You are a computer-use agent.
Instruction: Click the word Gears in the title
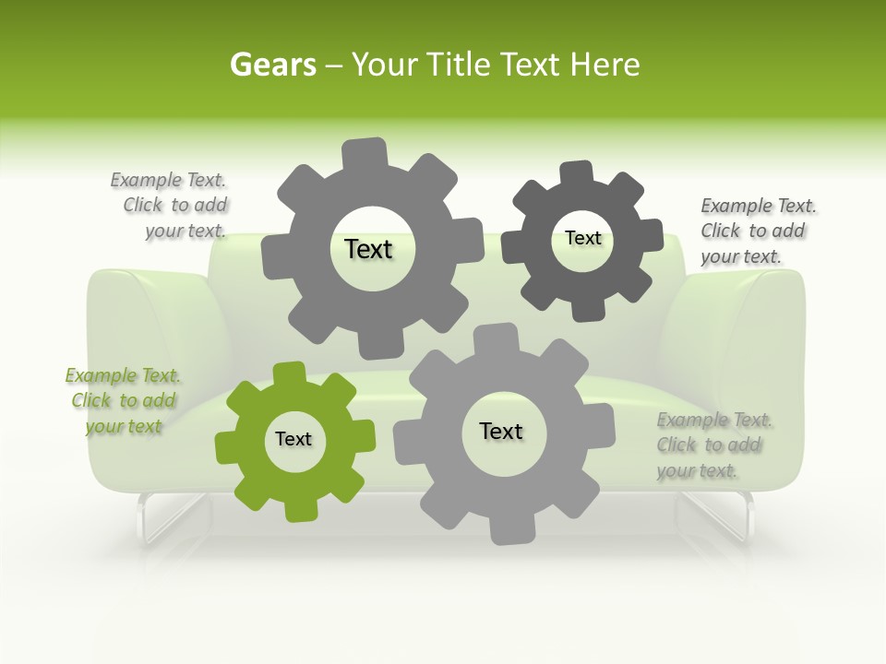point(272,65)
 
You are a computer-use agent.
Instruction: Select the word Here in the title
point(605,65)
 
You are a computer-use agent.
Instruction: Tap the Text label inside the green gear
point(293,440)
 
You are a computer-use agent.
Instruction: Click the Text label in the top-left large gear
point(368,249)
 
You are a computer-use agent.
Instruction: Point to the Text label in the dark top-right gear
point(582,238)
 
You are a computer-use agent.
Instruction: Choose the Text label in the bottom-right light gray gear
point(501,431)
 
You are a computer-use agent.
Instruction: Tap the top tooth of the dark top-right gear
point(577,172)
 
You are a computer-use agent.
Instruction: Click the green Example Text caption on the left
point(123,401)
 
